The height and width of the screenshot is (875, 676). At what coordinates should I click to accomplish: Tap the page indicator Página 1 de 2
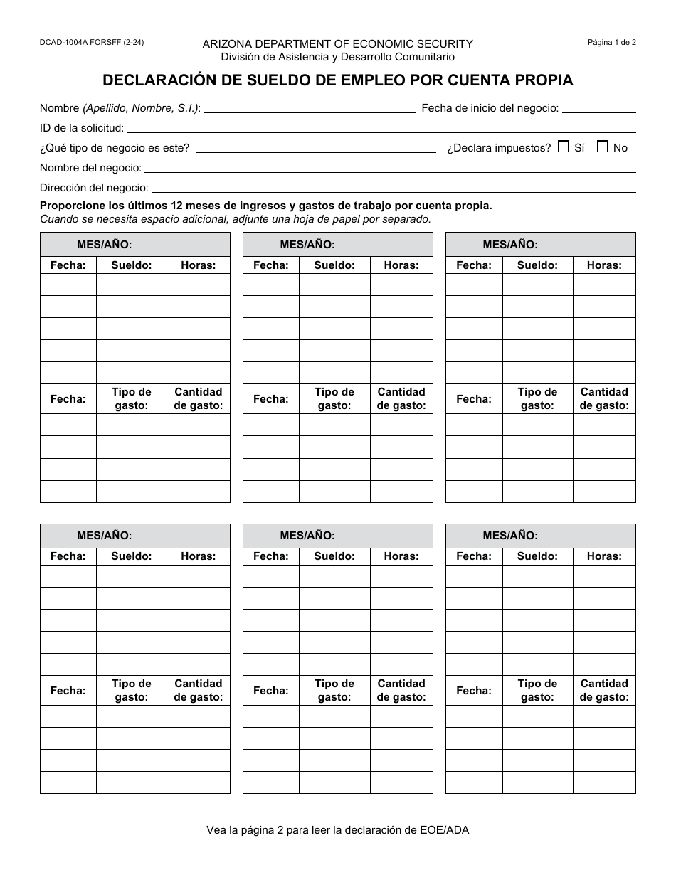(x=611, y=42)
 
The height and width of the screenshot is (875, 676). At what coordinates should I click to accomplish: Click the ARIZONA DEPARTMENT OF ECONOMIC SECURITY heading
(x=337, y=44)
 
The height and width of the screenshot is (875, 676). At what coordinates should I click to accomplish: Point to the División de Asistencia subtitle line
(x=337, y=57)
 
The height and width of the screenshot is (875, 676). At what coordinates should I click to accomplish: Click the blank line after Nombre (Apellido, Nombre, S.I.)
(x=310, y=108)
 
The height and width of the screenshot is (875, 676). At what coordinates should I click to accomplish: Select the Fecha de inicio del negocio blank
(x=598, y=108)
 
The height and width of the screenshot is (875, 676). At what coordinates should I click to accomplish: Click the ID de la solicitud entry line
(x=381, y=128)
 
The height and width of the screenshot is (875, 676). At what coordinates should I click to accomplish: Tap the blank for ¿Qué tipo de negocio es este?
(x=315, y=148)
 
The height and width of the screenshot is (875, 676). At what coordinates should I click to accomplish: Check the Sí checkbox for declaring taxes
(x=564, y=147)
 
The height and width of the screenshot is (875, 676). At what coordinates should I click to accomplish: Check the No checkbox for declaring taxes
(x=602, y=147)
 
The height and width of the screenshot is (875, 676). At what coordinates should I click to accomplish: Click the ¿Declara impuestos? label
(x=499, y=148)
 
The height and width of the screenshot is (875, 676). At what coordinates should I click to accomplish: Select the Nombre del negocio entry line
(x=390, y=168)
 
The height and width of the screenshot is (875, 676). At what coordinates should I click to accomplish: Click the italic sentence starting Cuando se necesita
(x=236, y=219)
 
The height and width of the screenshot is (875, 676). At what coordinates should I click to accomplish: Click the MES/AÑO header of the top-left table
(x=105, y=244)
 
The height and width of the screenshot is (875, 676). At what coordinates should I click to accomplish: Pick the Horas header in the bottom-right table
(x=603, y=556)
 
